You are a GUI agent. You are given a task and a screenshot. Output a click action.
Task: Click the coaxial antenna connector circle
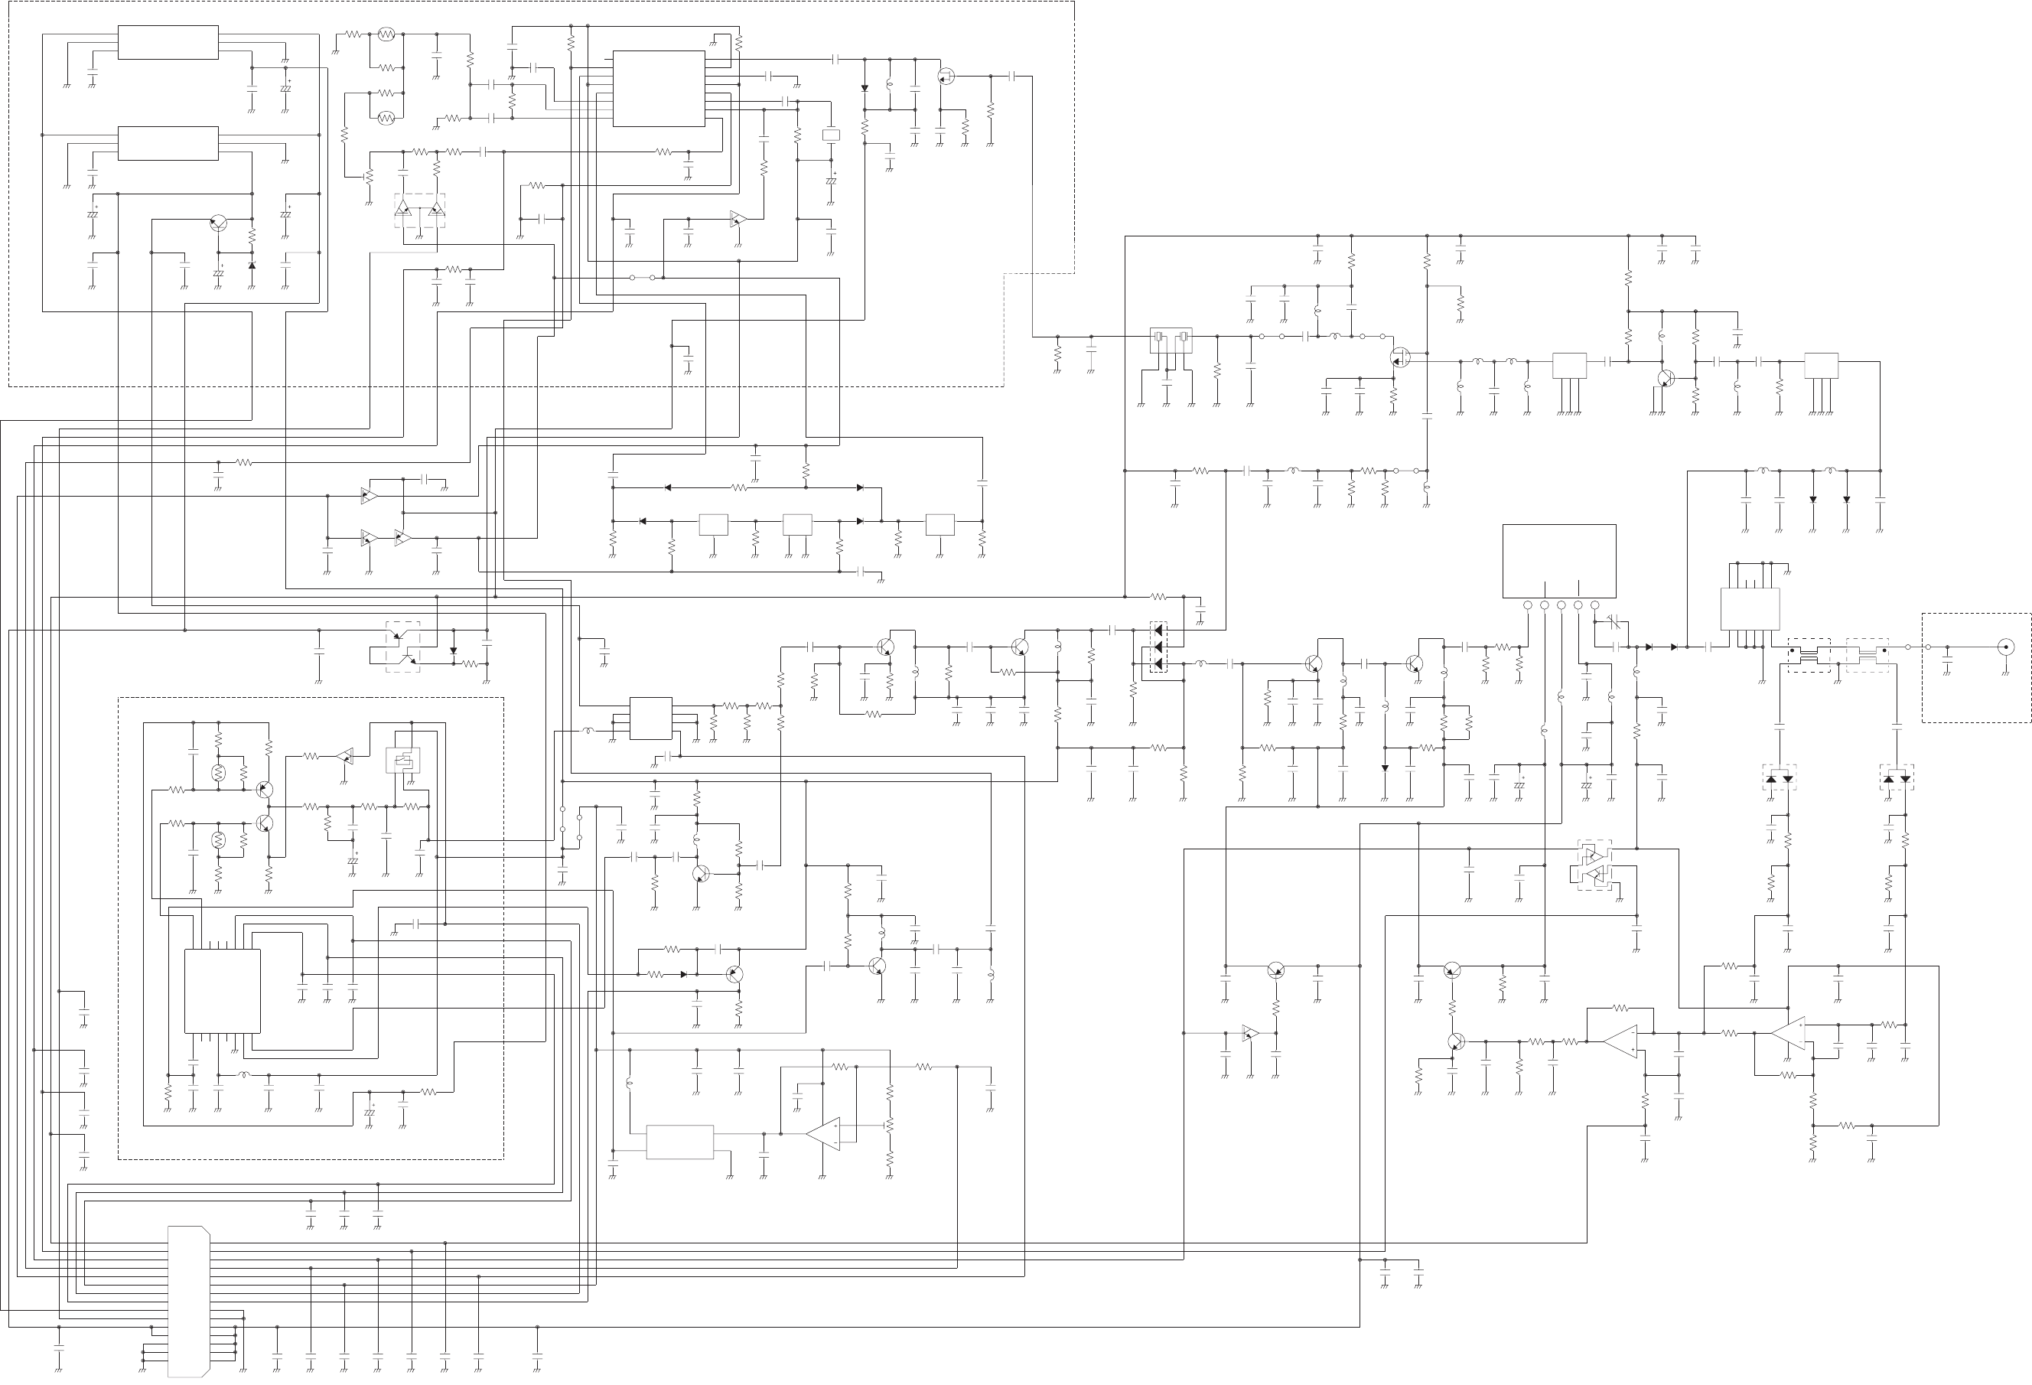(2005, 648)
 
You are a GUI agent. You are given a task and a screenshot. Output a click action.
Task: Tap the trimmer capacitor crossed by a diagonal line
(1614, 623)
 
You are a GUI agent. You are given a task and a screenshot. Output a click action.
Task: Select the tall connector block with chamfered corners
(189, 1300)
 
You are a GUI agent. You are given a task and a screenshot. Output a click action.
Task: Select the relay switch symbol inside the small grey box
(403, 760)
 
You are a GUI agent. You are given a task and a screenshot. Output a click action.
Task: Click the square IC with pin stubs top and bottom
(222, 991)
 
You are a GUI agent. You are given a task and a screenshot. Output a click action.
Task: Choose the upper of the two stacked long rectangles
(168, 43)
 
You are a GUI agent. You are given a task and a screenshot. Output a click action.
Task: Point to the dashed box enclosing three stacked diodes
(1158, 647)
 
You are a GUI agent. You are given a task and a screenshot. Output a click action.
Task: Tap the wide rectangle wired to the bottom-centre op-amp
(679, 1142)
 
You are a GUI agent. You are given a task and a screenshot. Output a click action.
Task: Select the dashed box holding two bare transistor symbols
(402, 647)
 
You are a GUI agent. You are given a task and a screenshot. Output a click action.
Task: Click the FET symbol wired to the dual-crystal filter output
(1400, 357)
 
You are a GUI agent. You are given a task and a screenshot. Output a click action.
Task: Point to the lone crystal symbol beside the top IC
(831, 135)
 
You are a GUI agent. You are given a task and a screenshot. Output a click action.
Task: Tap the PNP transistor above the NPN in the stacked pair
(264, 790)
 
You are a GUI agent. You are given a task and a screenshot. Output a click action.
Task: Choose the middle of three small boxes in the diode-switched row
(796, 525)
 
